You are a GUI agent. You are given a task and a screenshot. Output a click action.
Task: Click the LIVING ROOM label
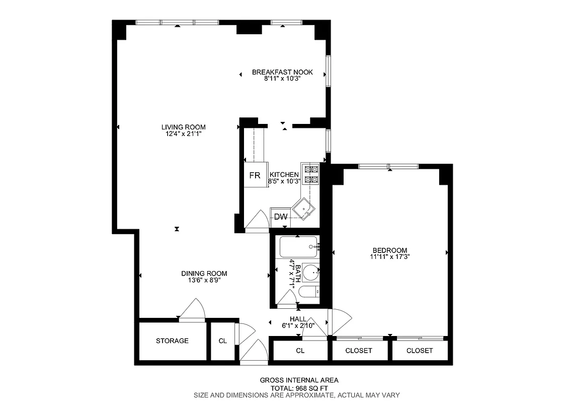coord(183,127)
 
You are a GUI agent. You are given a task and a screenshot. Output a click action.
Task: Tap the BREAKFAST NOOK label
coord(282,72)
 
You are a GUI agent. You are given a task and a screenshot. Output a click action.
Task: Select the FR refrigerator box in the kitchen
coord(255,176)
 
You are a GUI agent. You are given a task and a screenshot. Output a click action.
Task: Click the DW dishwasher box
coord(280,217)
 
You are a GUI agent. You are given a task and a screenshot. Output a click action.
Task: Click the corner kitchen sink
coord(304,208)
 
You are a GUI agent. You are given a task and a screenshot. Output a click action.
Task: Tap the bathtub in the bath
coord(297,247)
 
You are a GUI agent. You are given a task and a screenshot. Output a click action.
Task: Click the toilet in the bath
coord(308,292)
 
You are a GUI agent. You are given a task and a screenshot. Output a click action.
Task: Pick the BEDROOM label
coord(389,250)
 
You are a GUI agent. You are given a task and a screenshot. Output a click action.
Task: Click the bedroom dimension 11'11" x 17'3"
coord(389,257)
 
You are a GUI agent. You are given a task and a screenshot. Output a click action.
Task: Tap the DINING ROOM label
coord(204,274)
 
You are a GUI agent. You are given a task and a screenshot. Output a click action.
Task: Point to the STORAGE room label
coord(172,341)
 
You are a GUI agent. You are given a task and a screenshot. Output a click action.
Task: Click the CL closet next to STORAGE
coord(222,341)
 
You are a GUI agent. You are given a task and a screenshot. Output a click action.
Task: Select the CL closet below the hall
coord(300,351)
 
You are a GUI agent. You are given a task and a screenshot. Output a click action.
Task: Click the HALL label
coord(298,319)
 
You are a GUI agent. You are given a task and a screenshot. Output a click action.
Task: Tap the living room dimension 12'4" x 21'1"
coord(183,134)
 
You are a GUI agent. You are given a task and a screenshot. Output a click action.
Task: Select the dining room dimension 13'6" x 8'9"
coord(204,281)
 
